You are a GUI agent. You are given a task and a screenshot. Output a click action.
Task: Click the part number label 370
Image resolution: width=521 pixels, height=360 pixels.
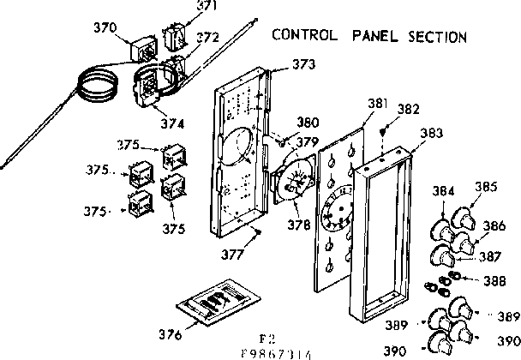point(105,27)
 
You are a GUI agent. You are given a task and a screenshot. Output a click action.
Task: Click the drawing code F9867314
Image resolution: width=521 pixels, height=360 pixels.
point(267,353)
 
